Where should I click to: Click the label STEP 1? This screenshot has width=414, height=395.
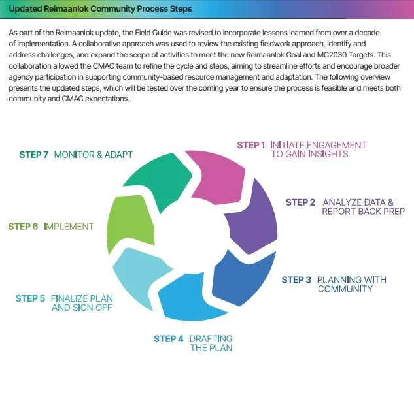251,145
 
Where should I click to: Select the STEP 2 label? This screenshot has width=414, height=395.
300,202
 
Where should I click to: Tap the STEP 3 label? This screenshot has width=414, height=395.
296,280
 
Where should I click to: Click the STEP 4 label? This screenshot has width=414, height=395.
169,338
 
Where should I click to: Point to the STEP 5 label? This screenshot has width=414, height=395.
30,298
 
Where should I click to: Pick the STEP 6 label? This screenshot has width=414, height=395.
23,227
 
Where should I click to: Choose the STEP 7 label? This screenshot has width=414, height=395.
33,155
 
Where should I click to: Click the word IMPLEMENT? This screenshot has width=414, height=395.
69,227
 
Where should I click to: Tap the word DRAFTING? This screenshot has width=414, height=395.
211,338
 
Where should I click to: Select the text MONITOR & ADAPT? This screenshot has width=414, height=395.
94,155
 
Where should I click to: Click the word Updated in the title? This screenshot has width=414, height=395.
26,9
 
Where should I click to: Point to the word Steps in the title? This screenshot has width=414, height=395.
178,9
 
